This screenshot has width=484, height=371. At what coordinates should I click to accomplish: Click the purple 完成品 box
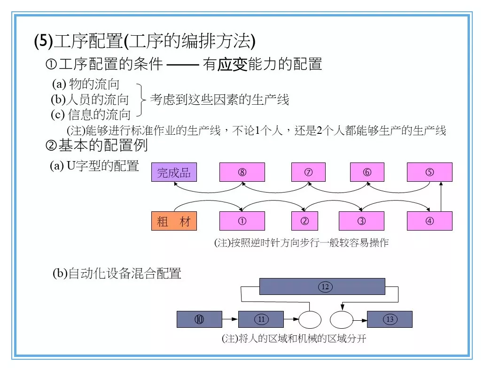(x=174, y=172)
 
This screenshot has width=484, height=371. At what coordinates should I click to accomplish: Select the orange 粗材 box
(x=174, y=221)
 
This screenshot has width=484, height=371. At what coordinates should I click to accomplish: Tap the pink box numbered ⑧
(x=242, y=172)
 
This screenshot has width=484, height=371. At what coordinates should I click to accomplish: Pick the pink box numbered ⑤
(x=429, y=172)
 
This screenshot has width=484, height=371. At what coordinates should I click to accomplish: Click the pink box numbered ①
(x=242, y=221)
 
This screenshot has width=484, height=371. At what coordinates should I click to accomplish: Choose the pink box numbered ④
(x=429, y=221)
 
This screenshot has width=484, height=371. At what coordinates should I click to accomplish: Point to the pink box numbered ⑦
(x=308, y=172)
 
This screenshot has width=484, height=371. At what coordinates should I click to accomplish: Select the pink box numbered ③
(x=361, y=221)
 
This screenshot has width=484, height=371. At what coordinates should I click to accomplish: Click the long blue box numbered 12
(x=322, y=286)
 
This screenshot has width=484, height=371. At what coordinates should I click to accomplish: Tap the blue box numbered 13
(x=390, y=319)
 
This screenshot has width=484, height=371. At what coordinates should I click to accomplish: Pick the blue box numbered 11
(x=261, y=319)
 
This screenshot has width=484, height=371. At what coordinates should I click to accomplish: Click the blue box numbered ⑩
(x=199, y=319)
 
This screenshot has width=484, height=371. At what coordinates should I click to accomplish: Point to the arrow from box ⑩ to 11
(x=230, y=319)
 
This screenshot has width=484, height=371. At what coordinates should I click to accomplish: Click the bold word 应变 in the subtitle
(x=232, y=64)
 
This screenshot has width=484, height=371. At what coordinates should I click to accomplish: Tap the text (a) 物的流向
(x=86, y=85)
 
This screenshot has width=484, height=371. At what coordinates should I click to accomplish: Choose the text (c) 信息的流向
(x=91, y=114)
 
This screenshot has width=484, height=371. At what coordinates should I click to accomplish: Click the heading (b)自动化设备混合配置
(x=117, y=273)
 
